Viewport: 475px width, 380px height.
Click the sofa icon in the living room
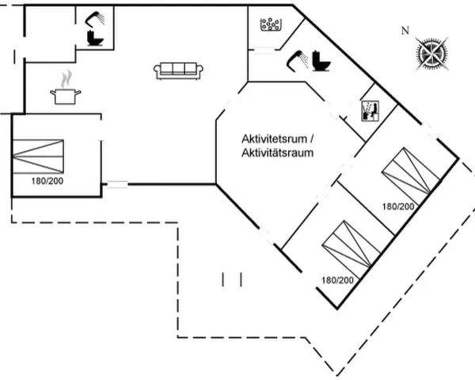(178, 71)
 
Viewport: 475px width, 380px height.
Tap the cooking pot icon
(66, 96)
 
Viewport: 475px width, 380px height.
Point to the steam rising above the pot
(66, 79)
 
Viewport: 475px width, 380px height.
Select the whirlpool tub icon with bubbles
(271, 25)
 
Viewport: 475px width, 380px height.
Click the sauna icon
(370, 111)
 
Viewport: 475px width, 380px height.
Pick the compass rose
(431, 54)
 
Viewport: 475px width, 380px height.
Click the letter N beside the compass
(405, 31)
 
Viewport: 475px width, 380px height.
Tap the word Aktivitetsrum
(274, 139)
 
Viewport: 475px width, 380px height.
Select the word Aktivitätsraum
(277, 153)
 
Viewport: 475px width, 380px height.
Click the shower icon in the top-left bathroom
(95, 19)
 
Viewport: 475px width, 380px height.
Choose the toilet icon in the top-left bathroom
(95, 38)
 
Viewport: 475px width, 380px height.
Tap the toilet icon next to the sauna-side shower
(321, 61)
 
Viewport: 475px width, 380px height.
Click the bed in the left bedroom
(38, 157)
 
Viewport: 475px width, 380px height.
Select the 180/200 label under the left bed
(47, 181)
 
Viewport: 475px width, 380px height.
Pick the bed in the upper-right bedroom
(411, 171)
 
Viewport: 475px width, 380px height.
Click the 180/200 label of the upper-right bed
(398, 207)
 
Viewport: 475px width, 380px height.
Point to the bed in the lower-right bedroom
(351, 244)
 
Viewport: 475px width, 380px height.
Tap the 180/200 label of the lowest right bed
(337, 280)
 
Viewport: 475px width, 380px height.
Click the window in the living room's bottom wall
(117, 184)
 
